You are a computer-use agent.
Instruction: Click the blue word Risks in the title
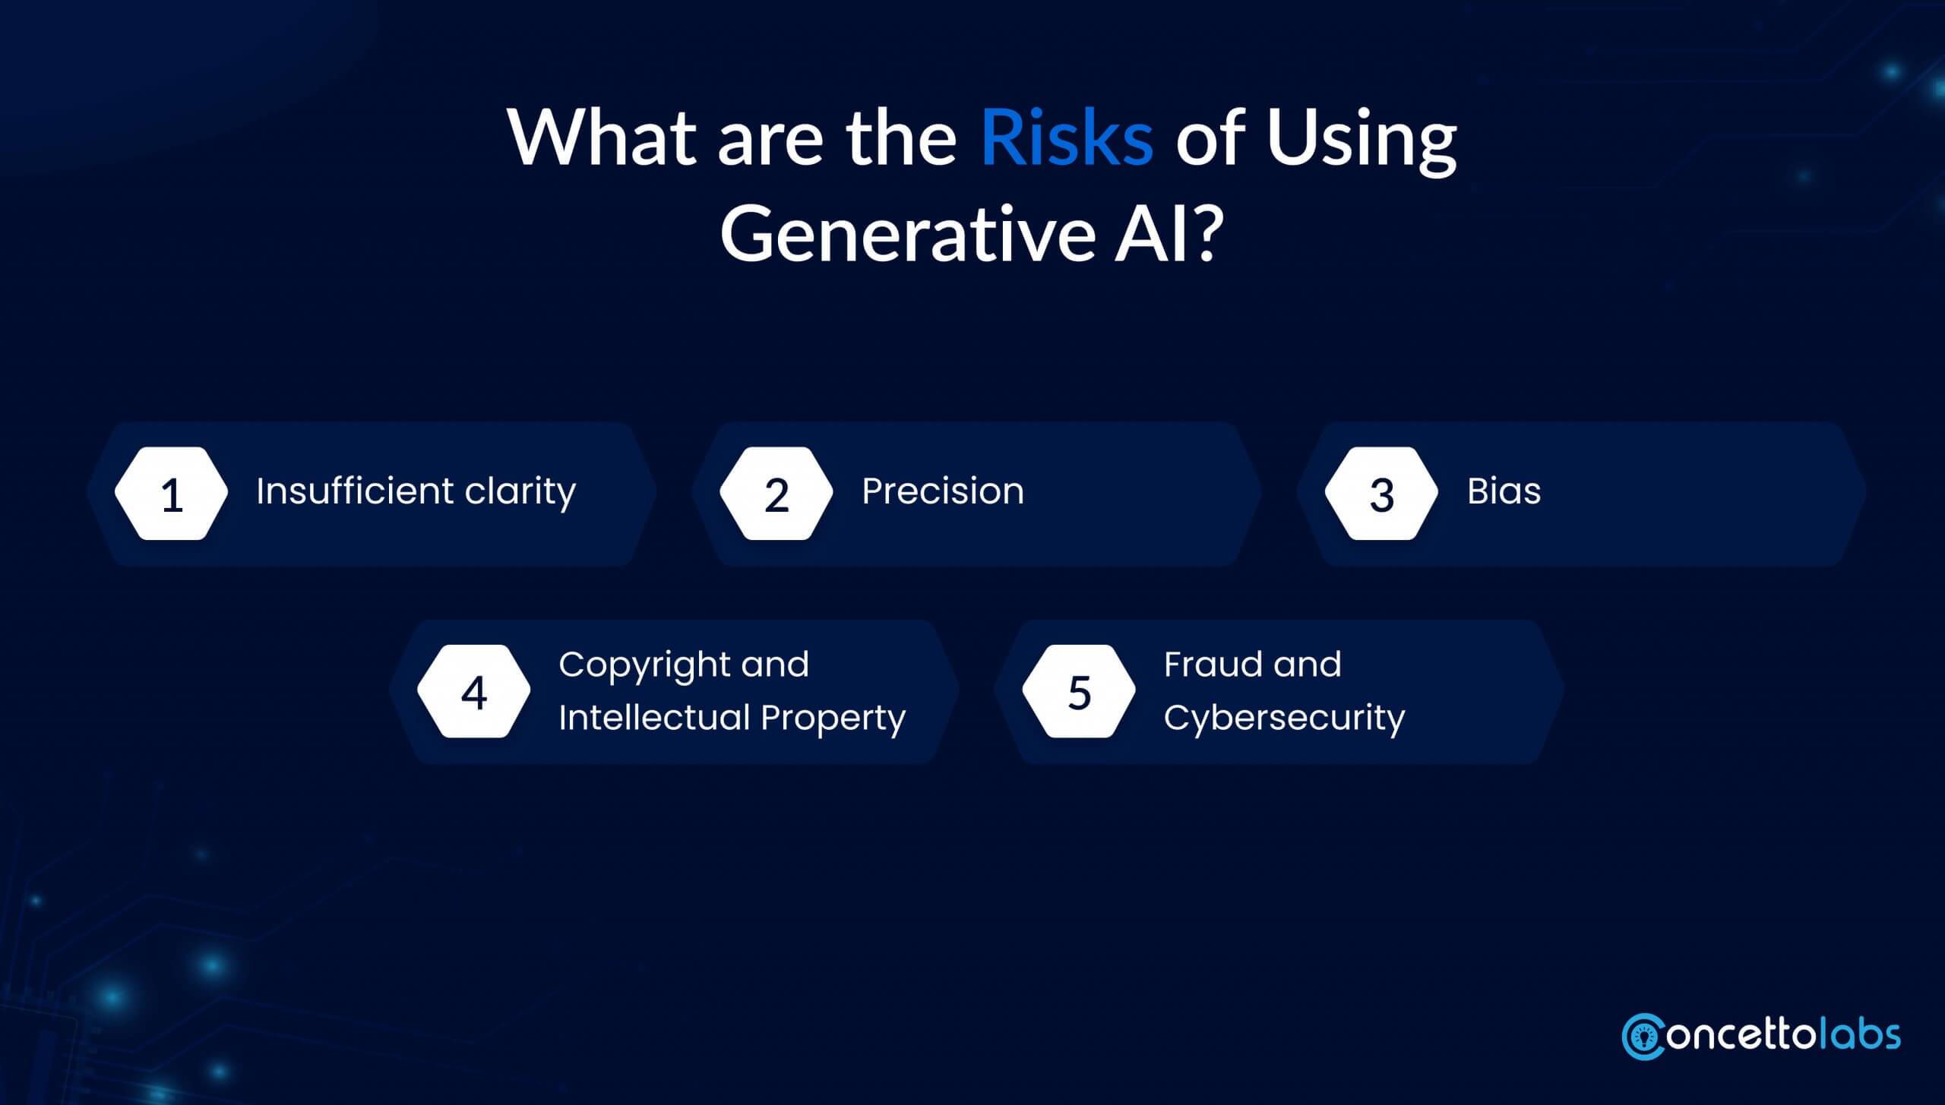click(x=1067, y=139)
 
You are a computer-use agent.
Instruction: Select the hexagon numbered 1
click(x=172, y=494)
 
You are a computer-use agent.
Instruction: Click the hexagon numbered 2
click(x=776, y=494)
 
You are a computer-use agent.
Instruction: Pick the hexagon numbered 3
click(x=1381, y=494)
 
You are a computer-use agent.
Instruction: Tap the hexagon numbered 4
click(x=474, y=691)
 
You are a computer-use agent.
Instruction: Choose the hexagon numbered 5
click(x=1079, y=691)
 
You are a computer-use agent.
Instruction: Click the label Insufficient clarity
click(x=416, y=491)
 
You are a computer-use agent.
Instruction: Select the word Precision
click(x=943, y=491)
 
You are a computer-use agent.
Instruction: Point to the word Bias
click(x=1504, y=491)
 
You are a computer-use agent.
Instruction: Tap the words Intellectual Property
click(x=732, y=718)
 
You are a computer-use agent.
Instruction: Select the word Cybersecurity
click(x=1284, y=718)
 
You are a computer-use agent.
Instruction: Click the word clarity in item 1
click(x=520, y=491)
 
